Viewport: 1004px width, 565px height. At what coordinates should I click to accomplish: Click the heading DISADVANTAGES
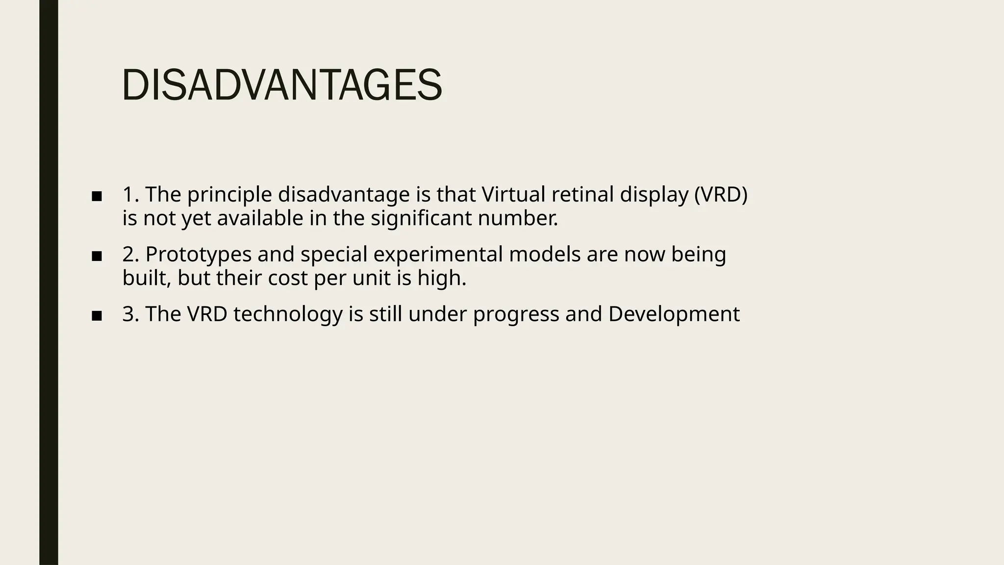[282, 86]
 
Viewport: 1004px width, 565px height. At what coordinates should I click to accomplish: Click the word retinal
[582, 195]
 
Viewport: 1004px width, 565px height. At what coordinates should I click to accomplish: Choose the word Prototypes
[199, 255]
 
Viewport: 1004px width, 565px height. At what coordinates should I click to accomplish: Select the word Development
[674, 314]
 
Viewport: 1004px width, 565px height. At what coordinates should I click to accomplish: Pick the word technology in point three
[288, 314]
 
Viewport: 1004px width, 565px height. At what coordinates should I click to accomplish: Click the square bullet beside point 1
[97, 197]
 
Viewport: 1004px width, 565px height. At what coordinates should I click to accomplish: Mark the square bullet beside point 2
[97, 256]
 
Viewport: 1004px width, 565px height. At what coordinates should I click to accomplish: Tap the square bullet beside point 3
[97, 316]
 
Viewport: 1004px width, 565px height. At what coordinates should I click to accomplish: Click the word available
[260, 218]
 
